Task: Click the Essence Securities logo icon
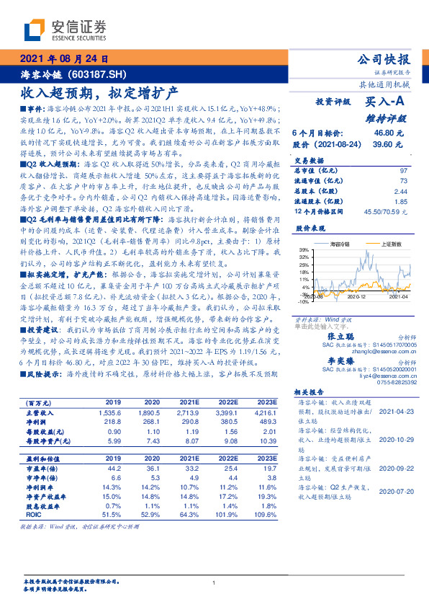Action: (x=35, y=30)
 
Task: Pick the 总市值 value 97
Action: (x=404, y=169)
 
